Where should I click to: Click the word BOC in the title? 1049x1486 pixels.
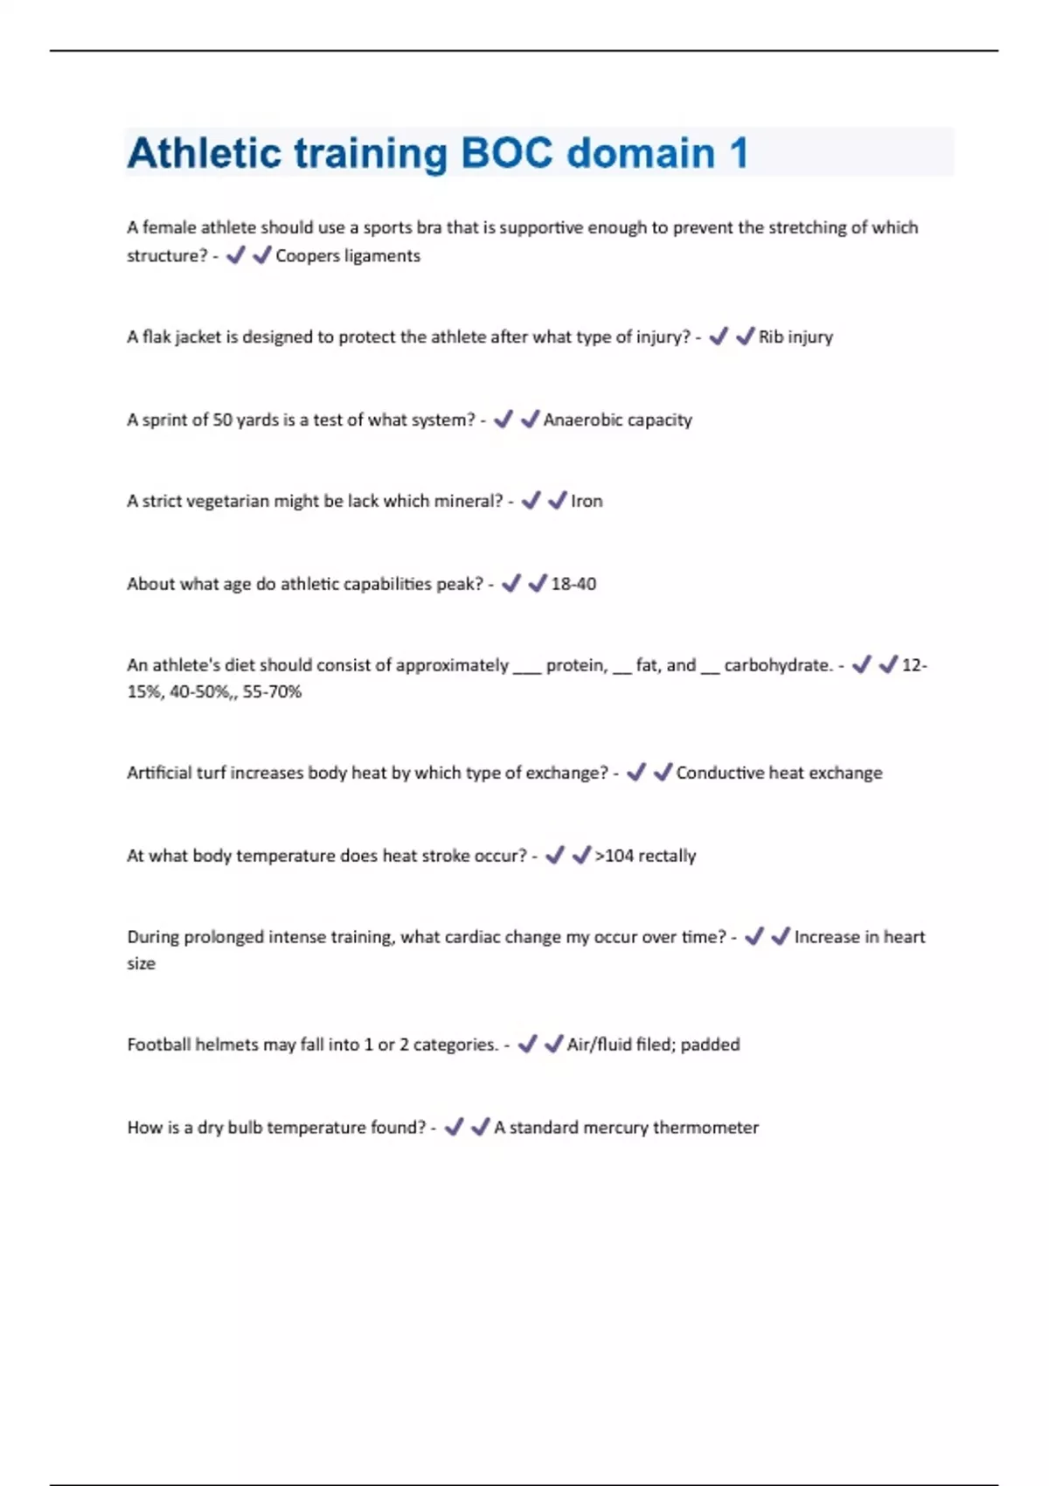pos(507,153)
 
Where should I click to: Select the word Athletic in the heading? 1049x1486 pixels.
pos(202,153)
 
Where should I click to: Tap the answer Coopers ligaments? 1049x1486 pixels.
pos(348,255)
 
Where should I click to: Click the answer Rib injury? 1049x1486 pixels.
pos(795,337)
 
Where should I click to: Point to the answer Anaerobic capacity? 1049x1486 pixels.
pos(617,420)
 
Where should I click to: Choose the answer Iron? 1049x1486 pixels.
pos(587,501)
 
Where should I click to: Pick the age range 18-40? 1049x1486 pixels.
pos(573,584)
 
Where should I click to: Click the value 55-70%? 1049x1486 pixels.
pos(272,691)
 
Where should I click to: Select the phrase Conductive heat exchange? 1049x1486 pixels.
pos(779,773)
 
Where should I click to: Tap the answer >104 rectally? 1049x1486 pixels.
pos(645,855)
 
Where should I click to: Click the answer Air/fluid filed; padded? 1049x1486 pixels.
pos(653,1045)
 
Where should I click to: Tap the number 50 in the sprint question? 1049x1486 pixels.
pos(222,420)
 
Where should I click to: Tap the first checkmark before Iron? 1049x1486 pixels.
pos(531,500)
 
